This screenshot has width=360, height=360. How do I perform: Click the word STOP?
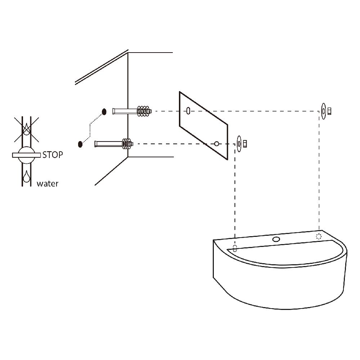pyautogui.click(x=53, y=155)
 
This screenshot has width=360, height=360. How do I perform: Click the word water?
pyautogui.click(x=48, y=184)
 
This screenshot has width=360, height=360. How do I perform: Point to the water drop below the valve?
pyautogui.click(x=26, y=177)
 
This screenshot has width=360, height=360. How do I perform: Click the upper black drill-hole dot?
pyautogui.click(x=104, y=112)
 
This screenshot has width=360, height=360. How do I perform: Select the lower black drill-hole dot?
pyautogui.click(x=80, y=144)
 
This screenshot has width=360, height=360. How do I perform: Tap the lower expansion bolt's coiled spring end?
pyautogui.click(x=127, y=144)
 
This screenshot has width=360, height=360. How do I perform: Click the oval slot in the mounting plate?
pyautogui.click(x=188, y=111)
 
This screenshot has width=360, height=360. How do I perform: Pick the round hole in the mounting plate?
pyautogui.click(x=216, y=144)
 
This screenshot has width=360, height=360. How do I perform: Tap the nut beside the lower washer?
pyautogui.click(x=245, y=144)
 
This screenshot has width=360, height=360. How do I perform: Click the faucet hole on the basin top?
pyautogui.click(x=276, y=239)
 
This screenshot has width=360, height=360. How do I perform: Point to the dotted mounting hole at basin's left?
pyautogui.click(x=235, y=248)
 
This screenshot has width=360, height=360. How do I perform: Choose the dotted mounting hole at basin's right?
pyautogui.click(x=319, y=236)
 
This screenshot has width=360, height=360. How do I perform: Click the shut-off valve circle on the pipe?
pyautogui.click(x=26, y=155)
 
